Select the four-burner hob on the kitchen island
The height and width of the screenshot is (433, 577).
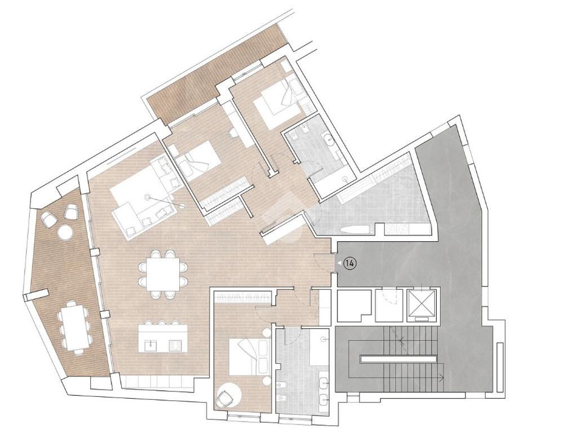click(x=175, y=346)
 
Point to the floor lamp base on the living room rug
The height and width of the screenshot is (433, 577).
click(x=148, y=197)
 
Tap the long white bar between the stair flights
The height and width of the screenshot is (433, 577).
click(x=398, y=358)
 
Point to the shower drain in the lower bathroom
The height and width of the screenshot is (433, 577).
click(x=323, y=338)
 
